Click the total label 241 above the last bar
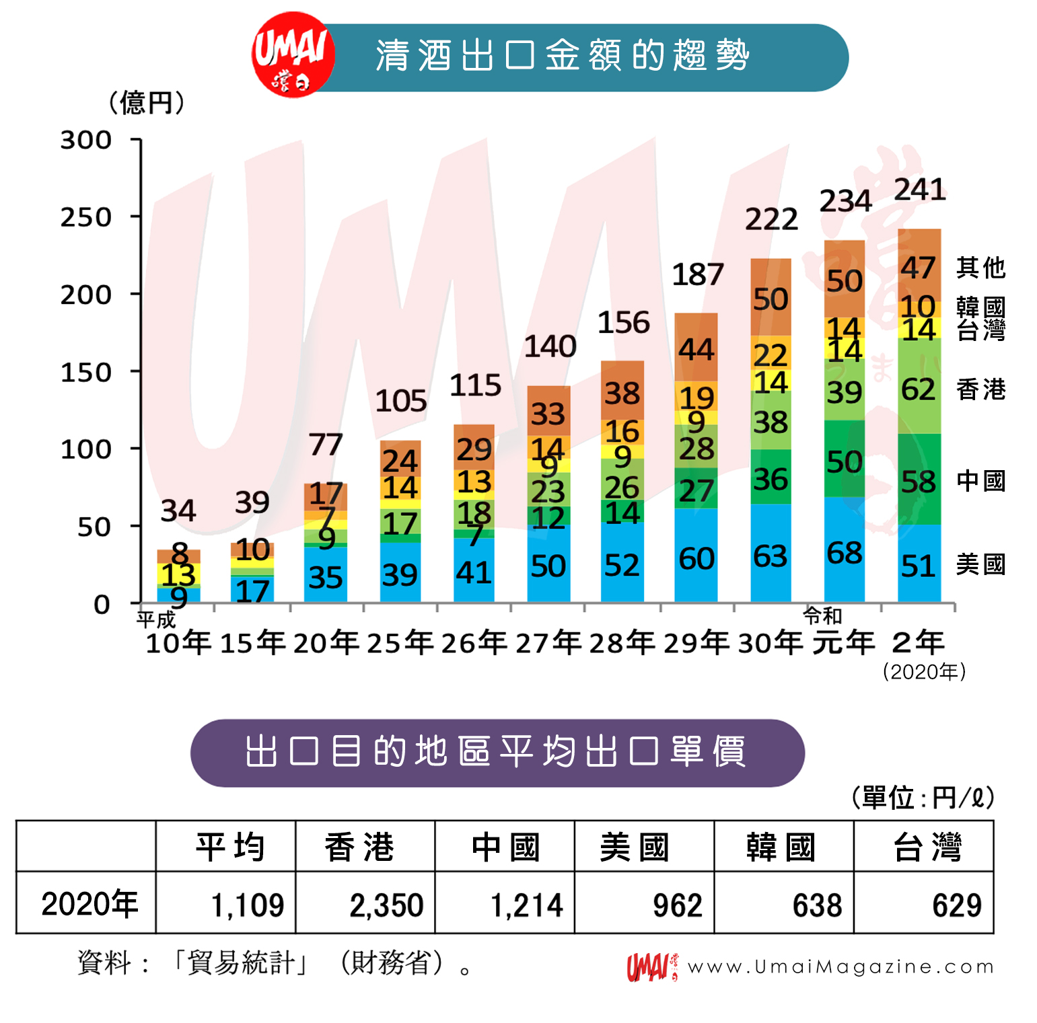pyautogui.click(x=920, y=190)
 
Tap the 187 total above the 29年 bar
pyautogui.click(x=698, y=274)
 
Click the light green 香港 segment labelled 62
pyautogui.click(x=919, y=389)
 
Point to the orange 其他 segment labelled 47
pyautogui.click(x=919, y=268)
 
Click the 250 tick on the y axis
pyautogui.click(x=85, y=217)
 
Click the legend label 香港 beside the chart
pyautogui.click(x=980, y=389)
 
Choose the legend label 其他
pyautogui.click(x=980, y=268)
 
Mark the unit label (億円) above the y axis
pyautogui.click(x=147, y=103)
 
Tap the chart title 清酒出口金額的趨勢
pyautogui.click(x=563, y=55)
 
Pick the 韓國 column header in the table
pyautogui.click(x=781, y=847)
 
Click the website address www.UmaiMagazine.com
pyautogui.click(x=841, y=967)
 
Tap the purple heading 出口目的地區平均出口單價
pyautogui.click(x=497, y=752)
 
